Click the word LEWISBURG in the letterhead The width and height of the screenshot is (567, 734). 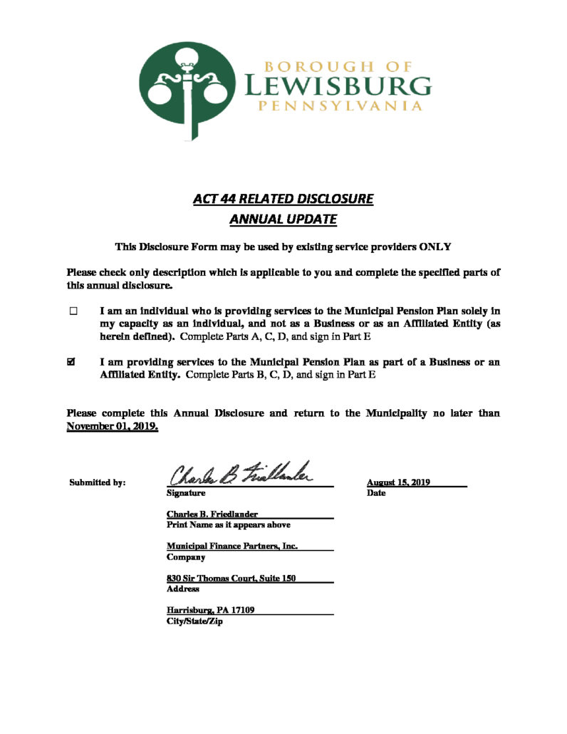(x=338, y=88)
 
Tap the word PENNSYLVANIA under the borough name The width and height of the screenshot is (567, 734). (x=338, y=107)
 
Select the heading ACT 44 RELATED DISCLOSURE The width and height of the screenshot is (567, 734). (x=283, y=199)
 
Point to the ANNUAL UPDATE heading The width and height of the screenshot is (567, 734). (x=283, y=219)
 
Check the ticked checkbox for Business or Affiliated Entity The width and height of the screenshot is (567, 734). (x=71, y=363)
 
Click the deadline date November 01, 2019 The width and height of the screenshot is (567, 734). (x=113, y=427)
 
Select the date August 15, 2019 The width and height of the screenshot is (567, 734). (x=398, y=482)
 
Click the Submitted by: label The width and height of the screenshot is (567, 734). (x=98, y=482)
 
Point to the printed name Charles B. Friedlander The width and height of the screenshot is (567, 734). (x=212, y=514)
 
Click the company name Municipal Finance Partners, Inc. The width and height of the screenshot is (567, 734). (x=232, y=547)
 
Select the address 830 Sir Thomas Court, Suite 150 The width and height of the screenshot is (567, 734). (x=232, y=579)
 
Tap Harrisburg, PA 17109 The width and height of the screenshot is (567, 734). (x=211, y=611)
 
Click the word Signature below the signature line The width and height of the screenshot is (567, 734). (x=186, y=492)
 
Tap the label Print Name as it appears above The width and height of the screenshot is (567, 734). (x=228, y=524)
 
